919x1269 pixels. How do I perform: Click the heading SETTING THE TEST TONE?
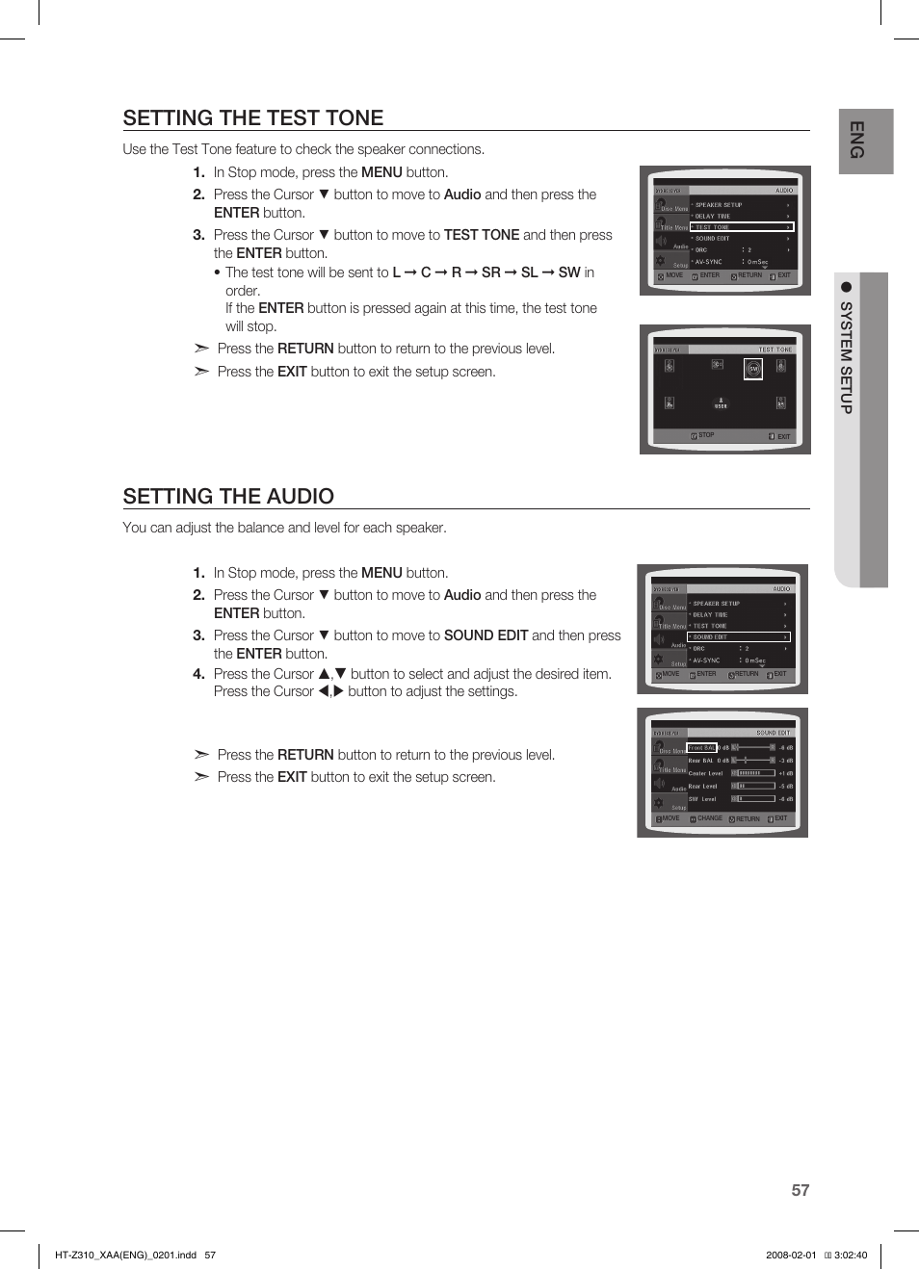point(253,117)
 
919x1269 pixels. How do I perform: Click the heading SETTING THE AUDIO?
point(228,496)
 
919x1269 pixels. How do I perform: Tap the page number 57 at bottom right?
point(800,1190)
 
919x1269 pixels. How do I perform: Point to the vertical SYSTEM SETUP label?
point(846,357)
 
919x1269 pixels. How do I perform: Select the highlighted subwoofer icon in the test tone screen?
point(753,369)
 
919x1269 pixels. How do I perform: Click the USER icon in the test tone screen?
point(721,403)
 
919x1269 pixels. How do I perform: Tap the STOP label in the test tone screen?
point(705,435)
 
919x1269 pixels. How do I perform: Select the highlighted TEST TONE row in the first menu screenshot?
point(740,227)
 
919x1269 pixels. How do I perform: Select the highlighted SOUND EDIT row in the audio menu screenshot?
point(738,636)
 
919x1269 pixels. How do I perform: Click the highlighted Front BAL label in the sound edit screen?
point(701,747)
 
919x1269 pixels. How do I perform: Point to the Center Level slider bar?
point(753,773)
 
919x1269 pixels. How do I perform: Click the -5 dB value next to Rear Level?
point(785,786)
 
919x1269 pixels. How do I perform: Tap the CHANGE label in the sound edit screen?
point(709,818)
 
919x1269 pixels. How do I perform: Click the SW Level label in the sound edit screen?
point(702,798)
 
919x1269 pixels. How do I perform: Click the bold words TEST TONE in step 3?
point(481,235)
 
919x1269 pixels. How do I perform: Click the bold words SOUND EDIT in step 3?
point(486,635)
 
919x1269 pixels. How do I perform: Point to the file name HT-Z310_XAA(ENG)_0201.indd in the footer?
point(125,1255)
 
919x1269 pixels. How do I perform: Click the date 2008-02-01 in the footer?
point(790,1255)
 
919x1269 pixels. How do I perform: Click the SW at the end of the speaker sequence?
point(568,272)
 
